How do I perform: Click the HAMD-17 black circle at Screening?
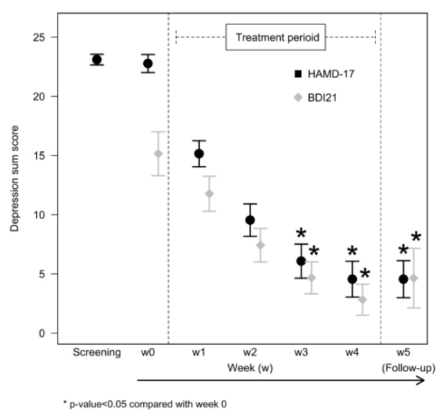(x=97, y=59)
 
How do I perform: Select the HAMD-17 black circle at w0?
(x=147, y=64)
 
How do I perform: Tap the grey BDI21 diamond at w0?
(x=158, y=154)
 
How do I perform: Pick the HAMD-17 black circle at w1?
(x=198, y=154)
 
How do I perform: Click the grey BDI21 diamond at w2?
(x=260, y=245)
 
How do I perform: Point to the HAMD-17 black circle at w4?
(x=352, y=279)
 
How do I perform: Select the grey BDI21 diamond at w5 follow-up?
(x=413, y=278)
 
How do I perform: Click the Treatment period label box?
(x=275, y=37)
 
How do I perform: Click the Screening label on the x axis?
(x=97, y=353)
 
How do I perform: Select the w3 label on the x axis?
(x=301, y=353)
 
